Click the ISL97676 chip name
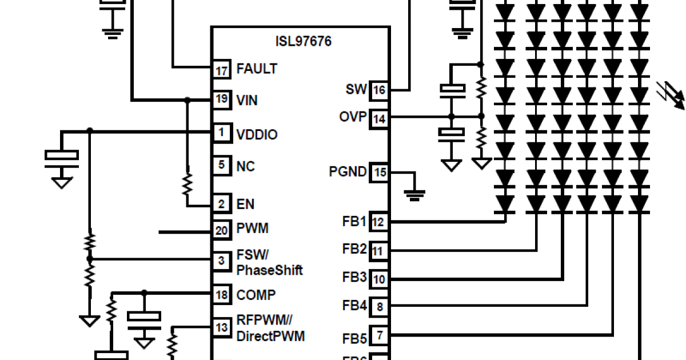302,42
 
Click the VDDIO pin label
257,135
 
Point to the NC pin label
246,166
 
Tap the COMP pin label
256,295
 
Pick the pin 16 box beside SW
380,90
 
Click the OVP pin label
352,117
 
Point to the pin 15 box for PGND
380,172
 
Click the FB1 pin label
354,221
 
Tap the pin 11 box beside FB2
380,250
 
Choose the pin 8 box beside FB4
380,307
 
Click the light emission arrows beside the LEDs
671,95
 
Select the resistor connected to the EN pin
187,185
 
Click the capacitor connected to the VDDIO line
62,155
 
